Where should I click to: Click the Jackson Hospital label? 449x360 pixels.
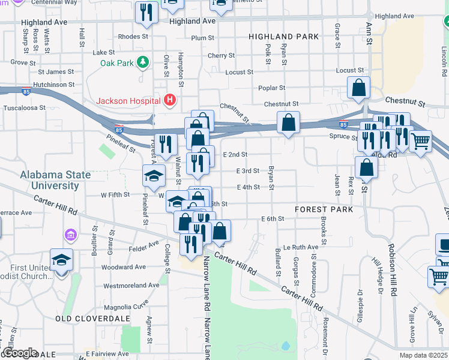[x=130, y=100]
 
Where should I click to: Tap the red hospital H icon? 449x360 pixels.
[x=170, y=100]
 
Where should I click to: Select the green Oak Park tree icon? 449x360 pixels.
[x=143, y=62]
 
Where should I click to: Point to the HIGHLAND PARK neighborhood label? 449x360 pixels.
[x=284, y=37]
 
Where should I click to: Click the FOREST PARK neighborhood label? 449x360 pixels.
[x=324, y=209]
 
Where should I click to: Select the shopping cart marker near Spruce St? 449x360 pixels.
[x=421, y=142]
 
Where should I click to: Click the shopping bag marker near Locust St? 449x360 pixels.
[x=358, y=88]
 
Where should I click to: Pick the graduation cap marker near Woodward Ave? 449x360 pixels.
[x=61, y=260]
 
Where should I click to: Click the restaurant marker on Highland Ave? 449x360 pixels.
[x=146, y=12]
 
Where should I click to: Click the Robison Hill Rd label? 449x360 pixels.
[x=393, y=272]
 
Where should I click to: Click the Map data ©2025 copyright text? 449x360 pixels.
[x=423, y=355]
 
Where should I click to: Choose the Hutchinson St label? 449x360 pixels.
[x=53, y=85]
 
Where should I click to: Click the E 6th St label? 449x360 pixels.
[x=272, y=218]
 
